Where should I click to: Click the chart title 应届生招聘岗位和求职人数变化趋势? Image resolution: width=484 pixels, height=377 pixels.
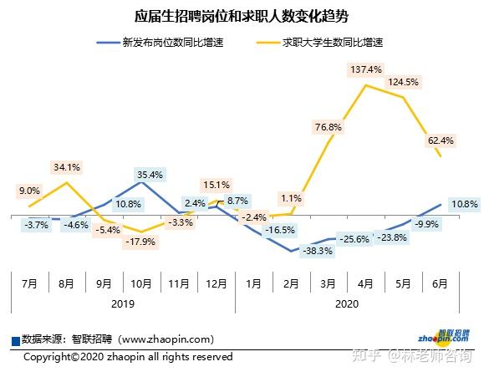coord(242,16)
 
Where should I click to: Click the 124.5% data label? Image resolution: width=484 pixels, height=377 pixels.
coord(403,82)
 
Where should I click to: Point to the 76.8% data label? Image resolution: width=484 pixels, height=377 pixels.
coord(329,127)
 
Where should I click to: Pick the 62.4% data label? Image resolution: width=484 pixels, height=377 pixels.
coord(440,140)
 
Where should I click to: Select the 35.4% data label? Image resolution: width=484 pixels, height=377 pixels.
coord(149,175)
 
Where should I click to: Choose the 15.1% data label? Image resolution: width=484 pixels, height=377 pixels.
coord(216,184)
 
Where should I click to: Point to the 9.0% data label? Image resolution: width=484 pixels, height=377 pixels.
coord(29,191)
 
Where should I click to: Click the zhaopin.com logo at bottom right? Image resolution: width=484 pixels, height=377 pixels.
coord(443,339)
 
